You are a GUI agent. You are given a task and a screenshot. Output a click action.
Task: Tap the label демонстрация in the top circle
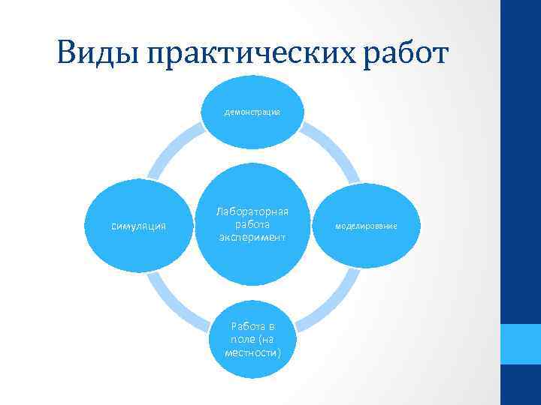pyautogui.click(x=252, y=112)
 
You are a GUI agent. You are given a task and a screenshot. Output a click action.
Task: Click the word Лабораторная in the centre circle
pyautogui.click(x=252, y=212)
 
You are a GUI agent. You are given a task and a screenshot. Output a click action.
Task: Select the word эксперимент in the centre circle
pyautogui.click(x=252, y=237)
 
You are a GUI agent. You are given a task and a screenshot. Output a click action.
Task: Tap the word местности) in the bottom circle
pyautogui.click(x=252, y=352)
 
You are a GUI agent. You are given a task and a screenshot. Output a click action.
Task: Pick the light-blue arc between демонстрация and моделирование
pyautogui.click(x=331, y=149)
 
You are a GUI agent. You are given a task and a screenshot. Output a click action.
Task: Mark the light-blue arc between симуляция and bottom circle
pyautogui.click(x=171, y=300)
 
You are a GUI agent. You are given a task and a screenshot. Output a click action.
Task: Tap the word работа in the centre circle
pyautogui.click(x=252, y=224)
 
